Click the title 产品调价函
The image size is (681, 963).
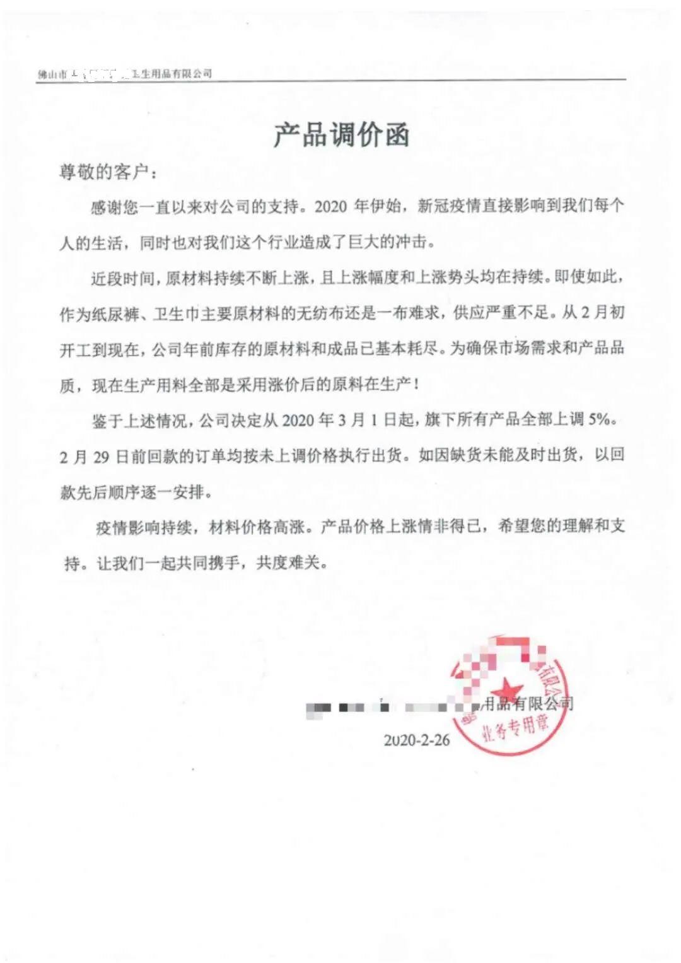pos(341,135)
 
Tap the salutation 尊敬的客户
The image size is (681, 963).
pos(103,172)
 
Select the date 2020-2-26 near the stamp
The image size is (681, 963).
pos(417,740)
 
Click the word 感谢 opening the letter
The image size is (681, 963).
pos(107,207)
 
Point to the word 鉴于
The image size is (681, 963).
pos(108,421)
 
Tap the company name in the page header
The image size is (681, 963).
pos(125,74)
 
